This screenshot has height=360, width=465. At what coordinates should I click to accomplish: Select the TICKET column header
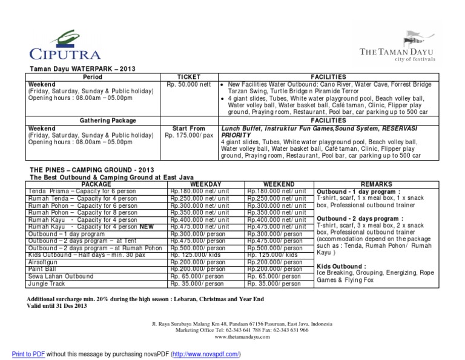[x=187, y=77]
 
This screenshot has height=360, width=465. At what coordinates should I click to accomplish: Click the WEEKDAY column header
[x=205, y=184]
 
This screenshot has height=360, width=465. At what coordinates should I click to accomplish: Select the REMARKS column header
[x=376, y=184]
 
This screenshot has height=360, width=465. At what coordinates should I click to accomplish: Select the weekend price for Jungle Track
[x=274, y=284]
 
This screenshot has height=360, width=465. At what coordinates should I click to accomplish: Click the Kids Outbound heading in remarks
[x=341, y=266]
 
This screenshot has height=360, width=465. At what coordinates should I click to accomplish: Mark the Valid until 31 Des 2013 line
[x=58, y=307]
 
